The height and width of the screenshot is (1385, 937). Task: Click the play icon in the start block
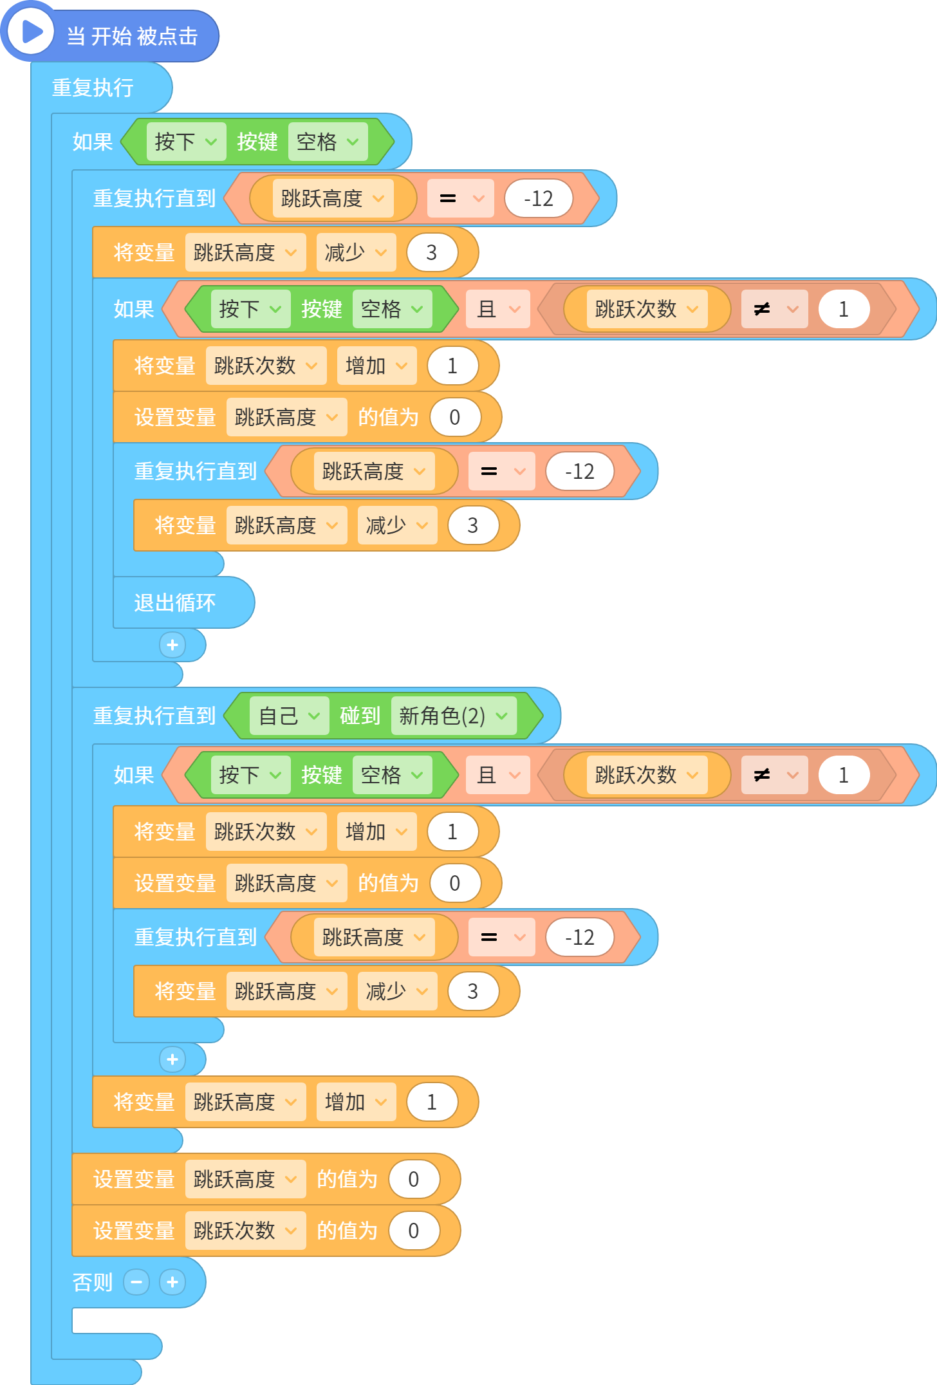point(31,31)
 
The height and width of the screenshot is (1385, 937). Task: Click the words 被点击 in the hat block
point(167,36)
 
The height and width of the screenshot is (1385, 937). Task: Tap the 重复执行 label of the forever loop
point(93,88)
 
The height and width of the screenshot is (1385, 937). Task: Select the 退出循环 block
point(175,603)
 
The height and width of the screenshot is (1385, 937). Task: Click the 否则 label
point(93,1282)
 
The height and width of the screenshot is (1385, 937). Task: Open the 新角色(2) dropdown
point(454,716)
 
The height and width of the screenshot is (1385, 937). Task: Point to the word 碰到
point(360,716)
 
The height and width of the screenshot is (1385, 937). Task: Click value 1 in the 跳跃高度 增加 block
point(432,1102)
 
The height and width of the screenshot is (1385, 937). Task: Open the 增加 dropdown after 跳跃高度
point(356,1102)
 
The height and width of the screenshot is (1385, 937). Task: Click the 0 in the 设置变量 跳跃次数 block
point(414,1231)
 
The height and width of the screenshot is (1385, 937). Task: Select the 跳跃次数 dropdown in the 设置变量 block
point(245,1231)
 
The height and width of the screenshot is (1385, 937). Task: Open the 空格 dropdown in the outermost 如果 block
point(328,142)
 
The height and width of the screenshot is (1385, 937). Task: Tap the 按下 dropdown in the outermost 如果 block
point(186,142)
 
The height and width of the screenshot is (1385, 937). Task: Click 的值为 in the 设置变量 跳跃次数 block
point(348,1231)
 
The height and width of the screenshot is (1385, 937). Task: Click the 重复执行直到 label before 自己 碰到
point(154,716)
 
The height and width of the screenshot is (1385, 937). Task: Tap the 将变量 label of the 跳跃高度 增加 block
point(144,1102)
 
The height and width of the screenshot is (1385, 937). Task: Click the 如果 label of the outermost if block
point(93,142)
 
